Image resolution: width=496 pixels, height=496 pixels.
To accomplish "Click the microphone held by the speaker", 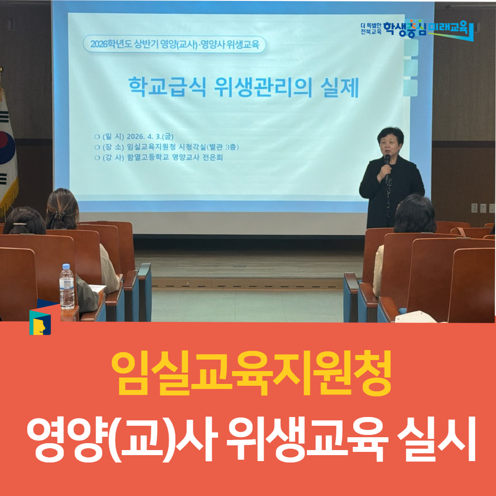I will coord(387,161).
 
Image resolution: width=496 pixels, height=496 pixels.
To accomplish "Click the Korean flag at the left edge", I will coord(7,147).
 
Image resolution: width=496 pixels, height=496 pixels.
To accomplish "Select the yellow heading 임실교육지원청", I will coord(251,372).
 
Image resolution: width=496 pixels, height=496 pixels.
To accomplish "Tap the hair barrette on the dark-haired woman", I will coord(20,224).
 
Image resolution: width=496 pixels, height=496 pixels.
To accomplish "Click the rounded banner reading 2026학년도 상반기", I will coord(174,45).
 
